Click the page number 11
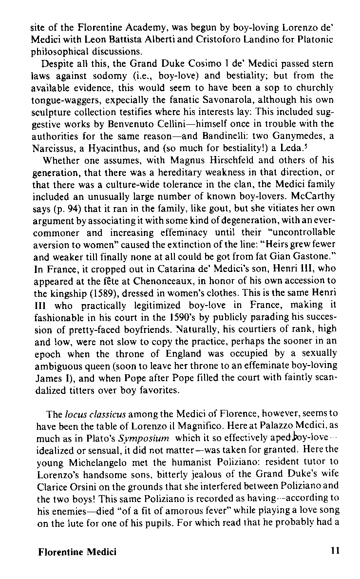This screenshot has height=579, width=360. [x=334, y=552]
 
